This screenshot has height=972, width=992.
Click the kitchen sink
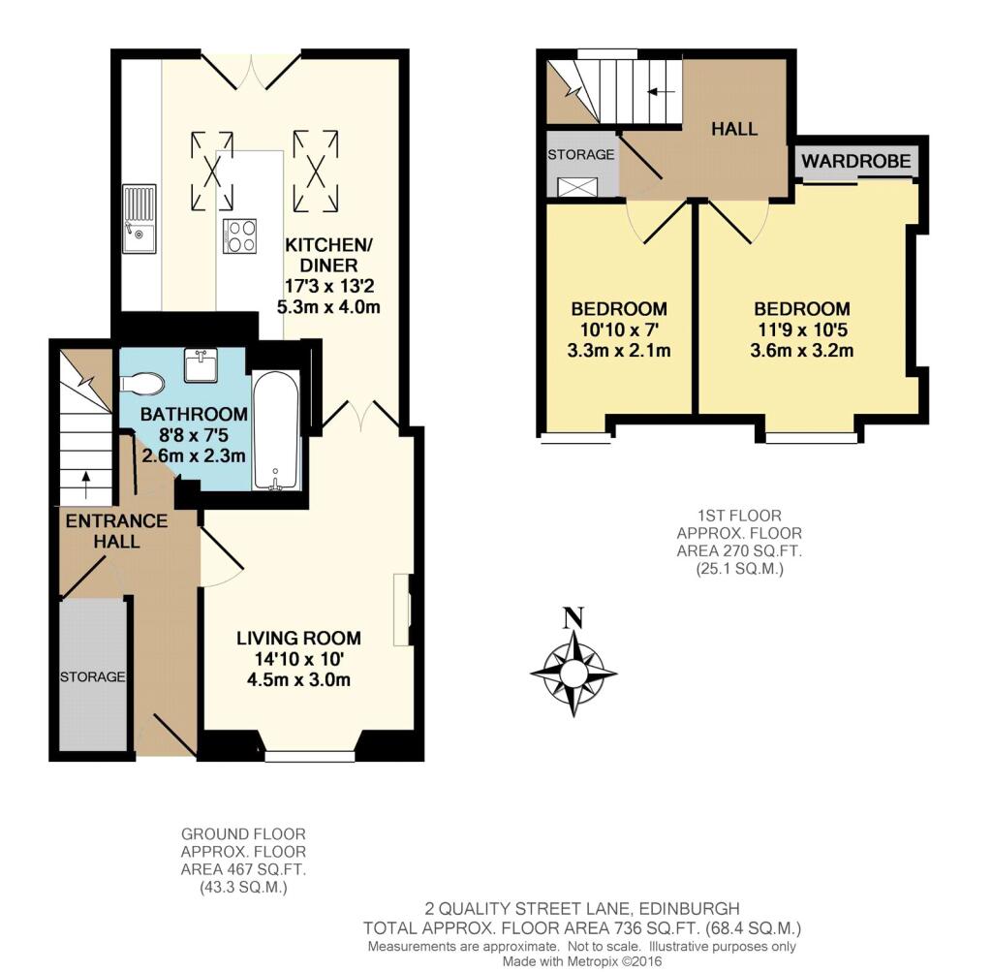coord(139,219)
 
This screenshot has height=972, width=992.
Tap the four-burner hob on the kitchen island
coord(240,236)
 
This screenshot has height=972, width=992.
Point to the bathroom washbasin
coord(201,364)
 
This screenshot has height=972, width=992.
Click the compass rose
coord(573,672)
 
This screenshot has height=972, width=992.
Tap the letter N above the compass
coord(573,617)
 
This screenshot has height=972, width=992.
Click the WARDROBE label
coord(856,161)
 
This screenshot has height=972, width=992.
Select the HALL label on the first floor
coord(734,129)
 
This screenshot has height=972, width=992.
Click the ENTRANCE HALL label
coord(117,531)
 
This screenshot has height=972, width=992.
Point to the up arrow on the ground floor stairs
coord(85,485)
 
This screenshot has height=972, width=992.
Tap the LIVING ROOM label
coord(298,638)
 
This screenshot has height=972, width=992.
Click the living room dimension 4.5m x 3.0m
coord(298,680)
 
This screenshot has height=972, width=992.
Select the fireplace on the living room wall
coord(402,610)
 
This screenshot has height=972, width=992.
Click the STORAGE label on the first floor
coord(581,154)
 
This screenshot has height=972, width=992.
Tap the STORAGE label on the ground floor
coord(92,677)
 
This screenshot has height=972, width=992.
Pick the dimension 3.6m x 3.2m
coord(801,350)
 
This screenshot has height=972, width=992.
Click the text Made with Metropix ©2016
coord(582,961)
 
